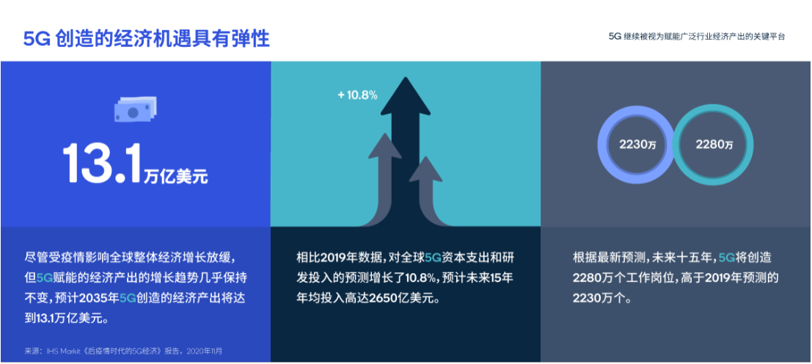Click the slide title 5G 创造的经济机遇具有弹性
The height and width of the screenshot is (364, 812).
tap(147, 39)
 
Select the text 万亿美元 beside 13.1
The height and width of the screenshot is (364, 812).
tap(175, 176)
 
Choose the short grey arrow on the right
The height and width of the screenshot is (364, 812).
tap(425, 173)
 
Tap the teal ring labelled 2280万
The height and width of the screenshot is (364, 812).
tap(712, 145)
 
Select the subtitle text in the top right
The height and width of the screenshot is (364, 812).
tap(697, 36)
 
